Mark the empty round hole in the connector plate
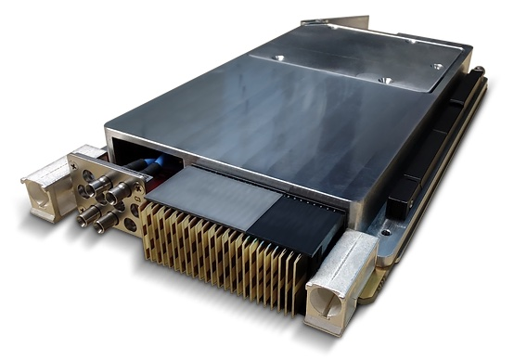tap(133, 223)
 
